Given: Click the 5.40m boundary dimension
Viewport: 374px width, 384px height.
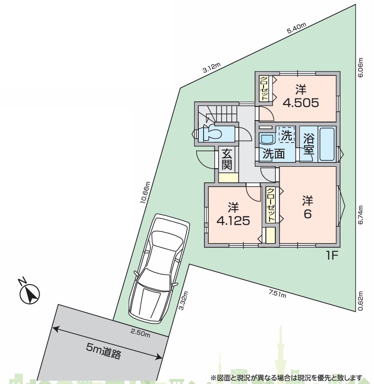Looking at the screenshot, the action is point(297,28).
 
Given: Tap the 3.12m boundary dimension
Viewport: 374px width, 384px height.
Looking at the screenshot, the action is point(211,68).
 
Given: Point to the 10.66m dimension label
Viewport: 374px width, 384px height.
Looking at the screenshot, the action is point(145,192).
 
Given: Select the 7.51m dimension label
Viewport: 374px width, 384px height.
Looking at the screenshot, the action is point(277,293).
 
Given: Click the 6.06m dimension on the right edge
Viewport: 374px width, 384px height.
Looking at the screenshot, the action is point(360,67).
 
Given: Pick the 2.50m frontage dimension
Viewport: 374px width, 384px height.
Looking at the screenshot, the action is point(140,333).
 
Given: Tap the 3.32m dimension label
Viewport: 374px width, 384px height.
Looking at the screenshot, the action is point(184,301).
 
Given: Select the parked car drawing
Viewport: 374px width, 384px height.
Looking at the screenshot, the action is point(159,268).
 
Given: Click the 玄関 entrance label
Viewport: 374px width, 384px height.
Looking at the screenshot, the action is point(227,159).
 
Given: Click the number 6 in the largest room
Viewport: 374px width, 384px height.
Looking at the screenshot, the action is point(307,214).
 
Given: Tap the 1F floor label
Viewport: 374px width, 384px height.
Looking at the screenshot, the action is point(332,256).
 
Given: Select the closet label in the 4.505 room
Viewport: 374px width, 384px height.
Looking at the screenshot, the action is point(264,89).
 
